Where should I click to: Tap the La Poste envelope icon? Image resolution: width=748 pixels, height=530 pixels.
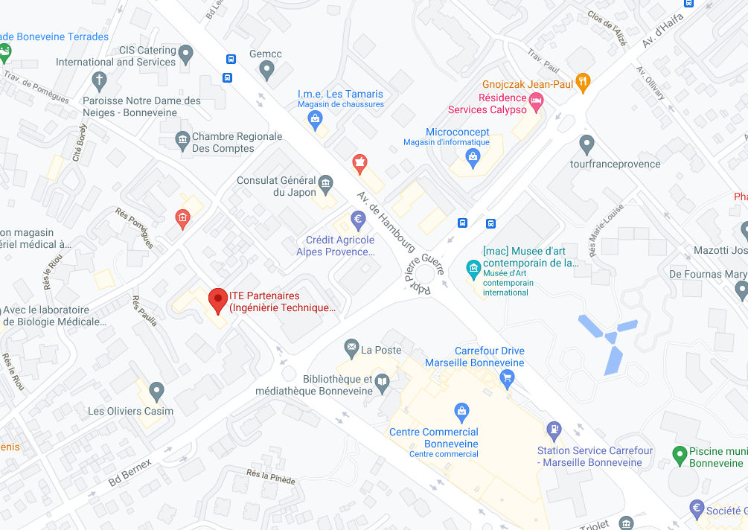tap(351, 347)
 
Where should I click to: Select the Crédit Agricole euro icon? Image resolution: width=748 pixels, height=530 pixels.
tap(358, 220)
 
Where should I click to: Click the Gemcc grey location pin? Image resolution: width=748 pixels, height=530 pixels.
tap(267, 71)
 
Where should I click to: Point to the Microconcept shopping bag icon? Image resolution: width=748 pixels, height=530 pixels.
tap(473, 156)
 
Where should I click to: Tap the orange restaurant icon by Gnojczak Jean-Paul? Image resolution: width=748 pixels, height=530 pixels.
tap(584, 82)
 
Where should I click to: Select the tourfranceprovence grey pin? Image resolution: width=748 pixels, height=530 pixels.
tap(586, 143)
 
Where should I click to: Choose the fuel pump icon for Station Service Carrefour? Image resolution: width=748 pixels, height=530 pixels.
tap(554, 430)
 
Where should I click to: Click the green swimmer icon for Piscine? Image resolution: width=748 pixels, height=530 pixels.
tap(679, 453)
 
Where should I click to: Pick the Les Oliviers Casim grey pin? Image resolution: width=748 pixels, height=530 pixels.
tap(156, 390)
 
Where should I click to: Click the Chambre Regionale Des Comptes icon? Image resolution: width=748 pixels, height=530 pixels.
tap(182, 138)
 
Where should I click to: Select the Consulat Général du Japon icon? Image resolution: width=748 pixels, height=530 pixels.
tap(325, 183)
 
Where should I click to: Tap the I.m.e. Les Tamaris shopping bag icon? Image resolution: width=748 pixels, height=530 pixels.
tap(316, 117)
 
